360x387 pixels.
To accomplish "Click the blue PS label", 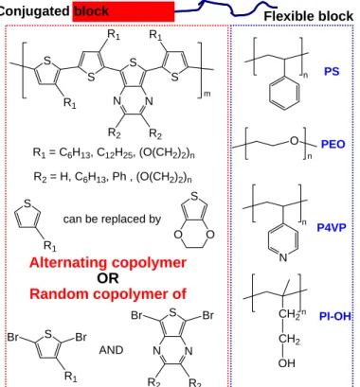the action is (x=332, y=71).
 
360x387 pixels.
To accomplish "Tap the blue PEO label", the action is (x=333, y=144).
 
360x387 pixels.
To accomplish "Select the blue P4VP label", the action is (x=332, y=227).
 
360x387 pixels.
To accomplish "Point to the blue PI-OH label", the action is (x=335, y=316).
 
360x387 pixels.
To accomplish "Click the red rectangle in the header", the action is (x=123, y=11).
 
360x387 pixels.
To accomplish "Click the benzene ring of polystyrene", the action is (x=284, y=93).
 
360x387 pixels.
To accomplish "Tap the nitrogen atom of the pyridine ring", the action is (x=283, y=257).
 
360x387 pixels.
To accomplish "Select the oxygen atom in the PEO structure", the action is (x=294, y=141).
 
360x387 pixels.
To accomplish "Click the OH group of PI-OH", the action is (x=287, y=363).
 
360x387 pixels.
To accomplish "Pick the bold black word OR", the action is (x=108, y=278).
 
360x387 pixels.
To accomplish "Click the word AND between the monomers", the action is (x=111, y=350).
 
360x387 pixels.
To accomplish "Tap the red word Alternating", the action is (x=69, y=263).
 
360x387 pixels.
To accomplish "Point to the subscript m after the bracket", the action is (x=207, y=94).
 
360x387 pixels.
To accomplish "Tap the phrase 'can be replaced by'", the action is (x=112, y=219).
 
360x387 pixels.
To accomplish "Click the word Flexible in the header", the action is (x=290, y=16).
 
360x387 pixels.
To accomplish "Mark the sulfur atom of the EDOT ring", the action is (x=194, y=197).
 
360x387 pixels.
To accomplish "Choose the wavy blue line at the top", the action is (x=226, y=8).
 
